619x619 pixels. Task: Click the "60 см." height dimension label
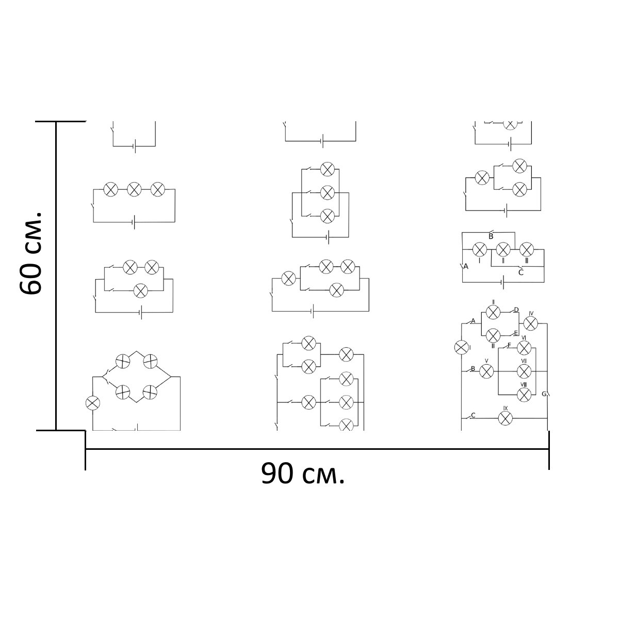31,253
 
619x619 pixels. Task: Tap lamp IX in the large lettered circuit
505,418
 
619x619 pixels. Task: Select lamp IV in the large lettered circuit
531,323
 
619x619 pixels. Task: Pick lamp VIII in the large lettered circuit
524,395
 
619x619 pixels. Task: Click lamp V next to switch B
486,371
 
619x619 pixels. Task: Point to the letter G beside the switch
544,394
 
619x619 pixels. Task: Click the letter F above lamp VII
509,346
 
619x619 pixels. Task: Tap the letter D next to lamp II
516,310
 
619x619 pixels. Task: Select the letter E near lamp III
516,333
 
